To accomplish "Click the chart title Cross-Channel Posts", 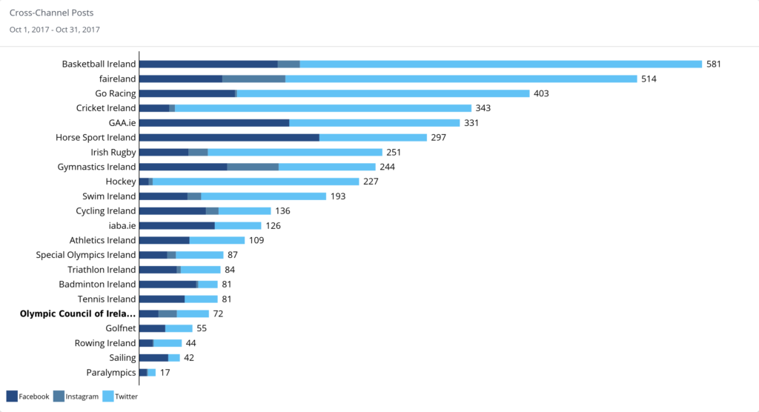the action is (x=51, y=13).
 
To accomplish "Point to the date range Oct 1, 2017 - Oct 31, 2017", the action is (x=55, y=30).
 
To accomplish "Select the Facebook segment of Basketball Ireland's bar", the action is (x=208, y=64).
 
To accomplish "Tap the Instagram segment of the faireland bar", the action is (x=253, y=79).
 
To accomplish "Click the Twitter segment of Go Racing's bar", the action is (x=383, y=93).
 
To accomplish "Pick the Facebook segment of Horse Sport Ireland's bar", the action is (x=230, y=138).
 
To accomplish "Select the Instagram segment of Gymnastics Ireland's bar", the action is (x=253, y=167).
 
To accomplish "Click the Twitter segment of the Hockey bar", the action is (x=256, y=182).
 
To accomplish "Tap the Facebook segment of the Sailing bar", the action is (x=154, y=358).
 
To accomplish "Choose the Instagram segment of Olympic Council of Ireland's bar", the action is (x=168, y=313).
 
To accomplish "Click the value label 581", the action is (x=714, y=64).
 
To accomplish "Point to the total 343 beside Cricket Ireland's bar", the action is (x=483, y=108).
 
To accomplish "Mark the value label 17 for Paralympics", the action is (x=165, y=372).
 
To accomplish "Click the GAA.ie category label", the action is (x=122, y=123).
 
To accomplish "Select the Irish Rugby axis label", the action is (x=113, y=153).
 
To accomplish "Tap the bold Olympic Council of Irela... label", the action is (x=77, y=313).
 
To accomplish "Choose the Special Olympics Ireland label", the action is (x=86, y=255).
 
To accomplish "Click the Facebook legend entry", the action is (x=28, y=396).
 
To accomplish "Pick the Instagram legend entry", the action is (x=76, y=396).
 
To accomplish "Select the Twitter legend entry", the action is (x=121, y=396).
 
